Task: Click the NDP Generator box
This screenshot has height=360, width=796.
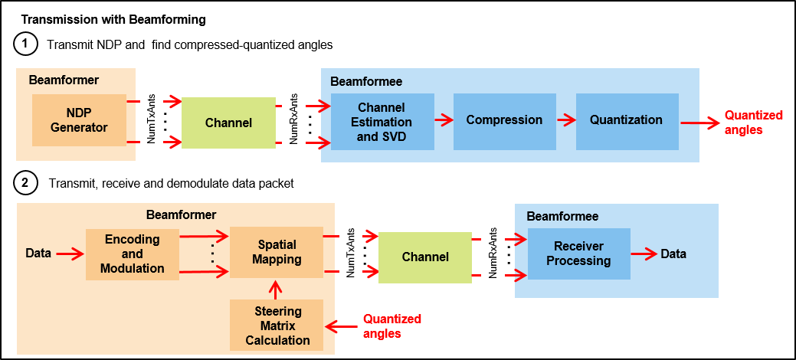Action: click(x=78, y=120)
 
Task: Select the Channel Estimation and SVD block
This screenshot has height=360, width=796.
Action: click(x=382, y=121)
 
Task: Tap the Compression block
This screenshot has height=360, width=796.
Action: click(x=504, y=120)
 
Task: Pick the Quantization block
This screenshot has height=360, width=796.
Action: click(x=626, y=120)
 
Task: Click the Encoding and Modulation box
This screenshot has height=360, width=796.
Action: click(x=132, y=254)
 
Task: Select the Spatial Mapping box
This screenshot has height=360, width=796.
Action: click(x=277, y=252)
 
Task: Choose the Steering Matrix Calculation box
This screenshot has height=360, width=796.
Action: click(x=277, y=325)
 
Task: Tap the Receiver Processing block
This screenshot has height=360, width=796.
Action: click(x=578, y=254)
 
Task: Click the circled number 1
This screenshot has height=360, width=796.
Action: click(x=25, y=44)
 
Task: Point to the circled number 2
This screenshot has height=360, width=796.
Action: click(x=25, y=183)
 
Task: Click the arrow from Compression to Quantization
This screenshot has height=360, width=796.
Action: click(x=565, y=120)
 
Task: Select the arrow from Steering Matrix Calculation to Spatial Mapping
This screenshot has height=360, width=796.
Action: click(x=277, y=288)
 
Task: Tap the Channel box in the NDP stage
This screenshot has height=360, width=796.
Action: click(x=228, y=123)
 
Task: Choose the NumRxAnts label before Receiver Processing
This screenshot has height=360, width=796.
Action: click(x=493, y=246)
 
